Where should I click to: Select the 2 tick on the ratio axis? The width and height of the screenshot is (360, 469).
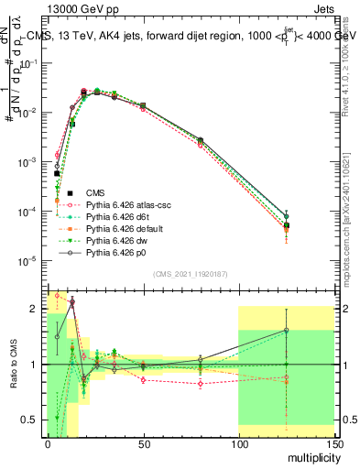tap(38, 309)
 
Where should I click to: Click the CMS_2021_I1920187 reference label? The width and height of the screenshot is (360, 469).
tap(190, 274)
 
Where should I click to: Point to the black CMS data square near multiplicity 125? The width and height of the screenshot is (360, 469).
tap(287, 224)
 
